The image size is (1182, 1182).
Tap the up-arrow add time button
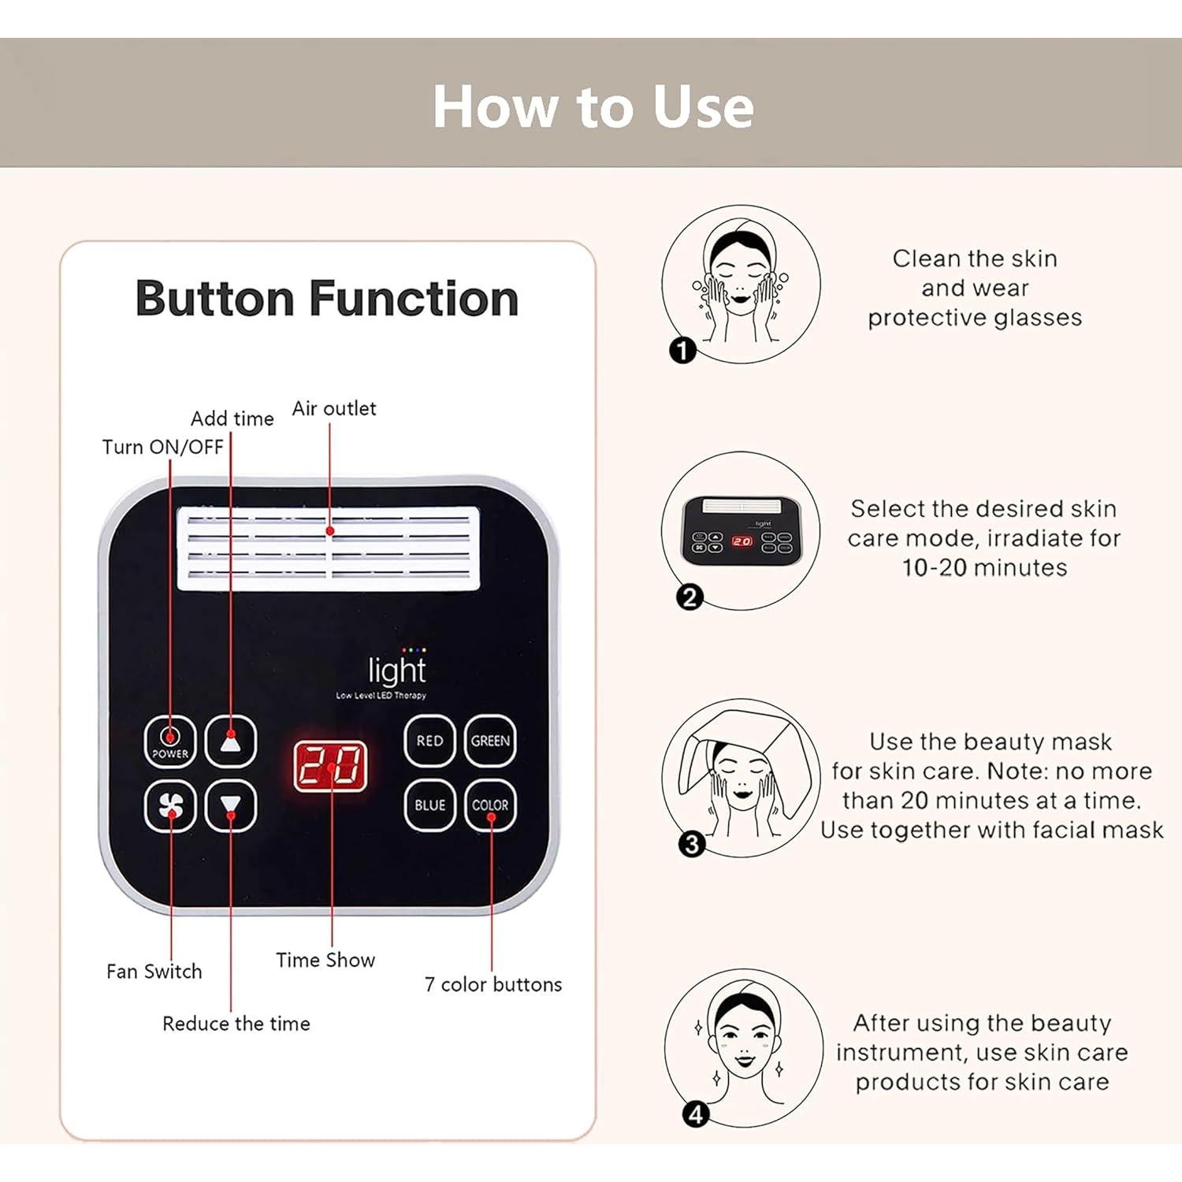tap(231, 741)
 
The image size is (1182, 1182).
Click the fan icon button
tap(170, 805)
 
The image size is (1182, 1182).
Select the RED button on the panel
tap(429, 741)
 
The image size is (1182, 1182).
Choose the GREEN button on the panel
tap(490, 741)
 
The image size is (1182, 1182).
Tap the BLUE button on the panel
tap(429, 805)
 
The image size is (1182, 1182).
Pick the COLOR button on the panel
tap(490, 805)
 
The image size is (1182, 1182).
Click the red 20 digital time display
tap(331, 766)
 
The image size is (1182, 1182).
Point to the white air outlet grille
tap(328, 548)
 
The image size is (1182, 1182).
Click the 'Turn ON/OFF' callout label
tap(163, 447)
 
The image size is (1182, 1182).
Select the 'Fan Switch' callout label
tap(154, 972)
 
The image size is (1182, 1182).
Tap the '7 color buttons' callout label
tap(493, 984)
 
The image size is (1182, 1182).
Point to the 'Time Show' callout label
tap(325, 960)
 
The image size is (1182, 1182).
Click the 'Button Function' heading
tap(327, 299)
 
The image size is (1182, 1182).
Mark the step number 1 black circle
tap(682, 350)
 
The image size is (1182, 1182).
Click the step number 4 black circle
tap(696, 1114)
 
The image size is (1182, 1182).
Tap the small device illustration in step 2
tap(742, 530)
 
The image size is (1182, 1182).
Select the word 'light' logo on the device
tap(397, 670)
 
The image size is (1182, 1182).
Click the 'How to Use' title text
tap(593, 106)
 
